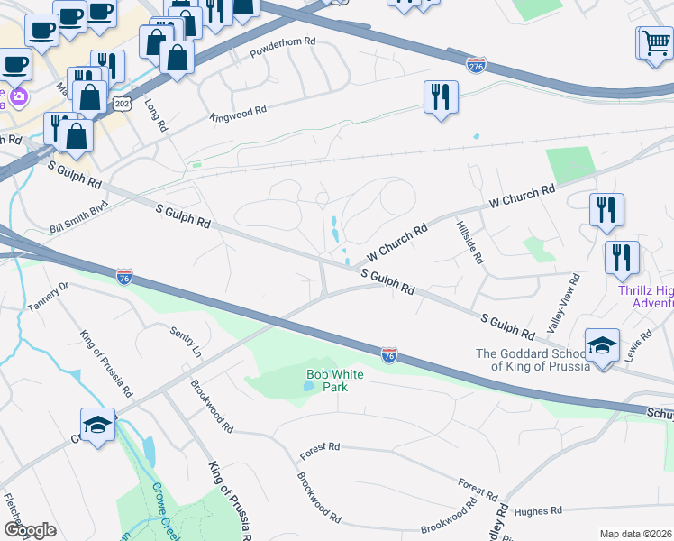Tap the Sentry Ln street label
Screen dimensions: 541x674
184,339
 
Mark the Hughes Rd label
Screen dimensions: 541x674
540,511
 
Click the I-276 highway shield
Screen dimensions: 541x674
477,65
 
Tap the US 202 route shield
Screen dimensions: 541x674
123,104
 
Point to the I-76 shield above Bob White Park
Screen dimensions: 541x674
389,355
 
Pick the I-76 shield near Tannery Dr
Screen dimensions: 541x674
124,276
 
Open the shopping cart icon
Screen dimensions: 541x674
653,42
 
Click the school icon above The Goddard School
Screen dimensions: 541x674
602,346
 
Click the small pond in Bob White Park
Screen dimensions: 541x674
309,385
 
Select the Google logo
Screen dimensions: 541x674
30,529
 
